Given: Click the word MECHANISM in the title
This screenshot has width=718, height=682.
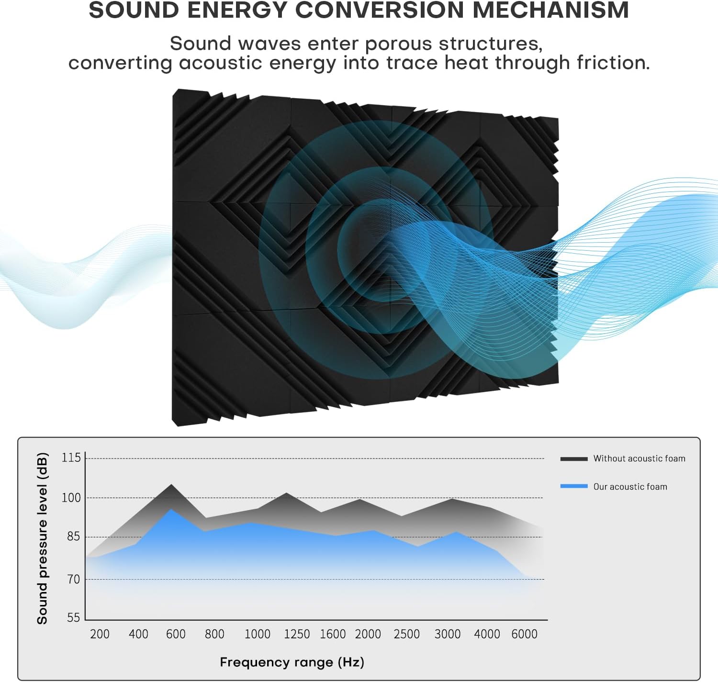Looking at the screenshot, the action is point(551,10).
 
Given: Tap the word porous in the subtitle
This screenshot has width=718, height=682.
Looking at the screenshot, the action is point(399,44).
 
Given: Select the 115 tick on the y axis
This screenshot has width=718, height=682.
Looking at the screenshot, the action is point(71,458).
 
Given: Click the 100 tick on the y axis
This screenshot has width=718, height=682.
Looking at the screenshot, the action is point(71,498).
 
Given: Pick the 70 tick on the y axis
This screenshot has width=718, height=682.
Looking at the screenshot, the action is point(73,579).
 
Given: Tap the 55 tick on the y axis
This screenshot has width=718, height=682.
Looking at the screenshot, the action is point(73,617).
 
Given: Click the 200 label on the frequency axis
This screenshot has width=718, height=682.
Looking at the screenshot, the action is point(100,634).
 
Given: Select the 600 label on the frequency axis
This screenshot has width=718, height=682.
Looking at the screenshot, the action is point(176,634).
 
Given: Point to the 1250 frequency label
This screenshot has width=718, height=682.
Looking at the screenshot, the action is point(297,634).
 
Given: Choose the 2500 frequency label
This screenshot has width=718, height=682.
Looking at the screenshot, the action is point(406,634).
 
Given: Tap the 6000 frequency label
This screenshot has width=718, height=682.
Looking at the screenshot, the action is point(525,634).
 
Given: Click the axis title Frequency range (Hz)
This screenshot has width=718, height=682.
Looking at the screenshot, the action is point(292,662).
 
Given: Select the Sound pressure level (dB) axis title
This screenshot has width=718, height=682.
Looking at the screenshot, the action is point(43,538).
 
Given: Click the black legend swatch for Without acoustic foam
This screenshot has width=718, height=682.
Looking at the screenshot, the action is point(574,459).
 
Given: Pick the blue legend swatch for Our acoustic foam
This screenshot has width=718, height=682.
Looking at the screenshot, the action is point(574,486).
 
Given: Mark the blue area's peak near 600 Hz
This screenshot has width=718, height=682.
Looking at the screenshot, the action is point(171,509).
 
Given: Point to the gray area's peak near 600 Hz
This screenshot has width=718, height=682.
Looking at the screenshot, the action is point(171,485).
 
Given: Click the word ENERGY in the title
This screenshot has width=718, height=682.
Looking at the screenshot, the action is point(237,10).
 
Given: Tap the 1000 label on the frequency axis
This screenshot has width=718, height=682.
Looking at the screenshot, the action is point(258,634).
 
